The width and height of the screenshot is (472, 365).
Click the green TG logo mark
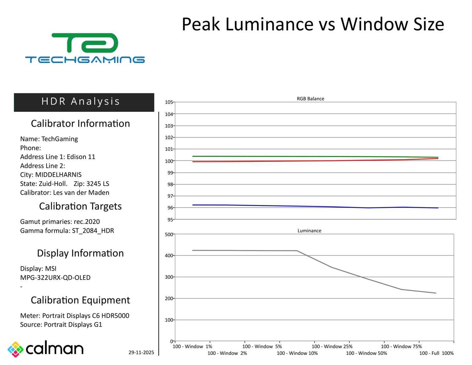coord(85,43)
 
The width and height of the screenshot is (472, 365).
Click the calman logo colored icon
coord(15,349)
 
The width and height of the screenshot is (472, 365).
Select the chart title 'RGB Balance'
coord(310,99)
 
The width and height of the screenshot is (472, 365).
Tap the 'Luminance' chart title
coord(309,231)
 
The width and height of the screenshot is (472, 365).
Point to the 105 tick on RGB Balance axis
coord(169,102)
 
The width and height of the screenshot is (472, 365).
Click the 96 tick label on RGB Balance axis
coord(170,208)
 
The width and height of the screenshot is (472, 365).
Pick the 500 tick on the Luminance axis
coord(169,234)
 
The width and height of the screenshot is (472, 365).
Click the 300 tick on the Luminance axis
coord(169,277)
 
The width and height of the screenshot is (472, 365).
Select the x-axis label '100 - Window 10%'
coord(297,353)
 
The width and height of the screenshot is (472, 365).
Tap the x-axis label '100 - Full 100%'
coord(436,353)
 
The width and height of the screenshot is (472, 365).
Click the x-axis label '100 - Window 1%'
coord(192,346)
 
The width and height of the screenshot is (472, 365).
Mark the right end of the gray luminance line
coord(436,293)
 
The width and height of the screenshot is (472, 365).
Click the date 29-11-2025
coord(141,352)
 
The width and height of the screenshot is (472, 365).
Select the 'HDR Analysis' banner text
coord(81,101)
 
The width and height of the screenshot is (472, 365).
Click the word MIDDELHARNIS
coord(58,175)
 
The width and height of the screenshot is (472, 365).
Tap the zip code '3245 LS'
coord(98,184)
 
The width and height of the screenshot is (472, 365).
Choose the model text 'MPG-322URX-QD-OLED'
coord(55,277)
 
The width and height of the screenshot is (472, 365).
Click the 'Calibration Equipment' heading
coord(80,300)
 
